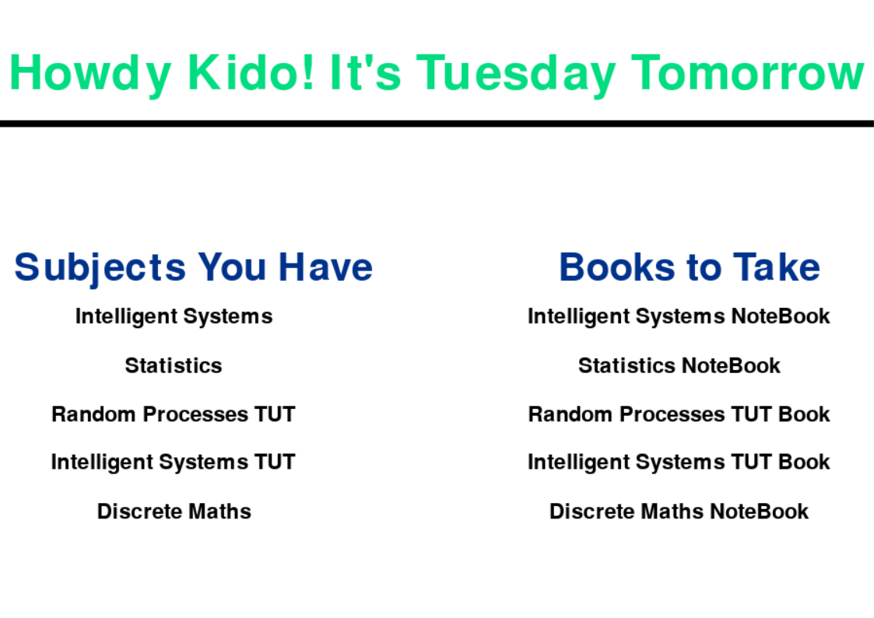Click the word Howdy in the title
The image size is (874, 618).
pos(90,75)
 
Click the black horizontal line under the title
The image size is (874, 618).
pos(437,124)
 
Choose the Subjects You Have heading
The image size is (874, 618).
pos(194,268)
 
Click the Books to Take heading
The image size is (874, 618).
pos(690,267)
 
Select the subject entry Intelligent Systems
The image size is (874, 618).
pos(174,317)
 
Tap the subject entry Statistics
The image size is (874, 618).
pos(174,366)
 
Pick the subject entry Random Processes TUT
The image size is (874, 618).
pos(174,414)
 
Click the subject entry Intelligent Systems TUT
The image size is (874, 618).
pos(174,463)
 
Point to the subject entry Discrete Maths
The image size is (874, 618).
pos(174,511)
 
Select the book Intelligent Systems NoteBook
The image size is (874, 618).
pos(679,317)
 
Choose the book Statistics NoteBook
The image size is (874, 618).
pos(679,366)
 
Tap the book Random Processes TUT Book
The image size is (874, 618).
pos(679,414)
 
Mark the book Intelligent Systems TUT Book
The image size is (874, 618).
pos(679,463)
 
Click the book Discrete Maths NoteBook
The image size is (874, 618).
pos(679,511)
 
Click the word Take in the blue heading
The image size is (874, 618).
pos(777,267)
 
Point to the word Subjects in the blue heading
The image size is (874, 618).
pos(100,268)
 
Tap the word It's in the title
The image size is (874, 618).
pos(365,72)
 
